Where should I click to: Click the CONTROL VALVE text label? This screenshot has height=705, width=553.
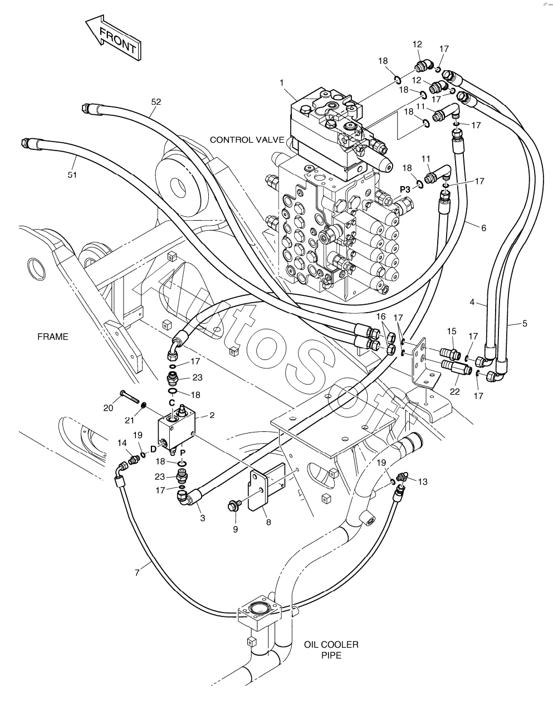point(247,140)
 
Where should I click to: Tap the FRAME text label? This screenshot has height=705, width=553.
point(53,337)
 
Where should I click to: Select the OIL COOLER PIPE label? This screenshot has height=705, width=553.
point(331,650)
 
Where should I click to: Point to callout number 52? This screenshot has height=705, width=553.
point(156,101)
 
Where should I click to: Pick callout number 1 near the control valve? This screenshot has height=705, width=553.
point(282,82)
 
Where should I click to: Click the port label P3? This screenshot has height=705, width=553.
point(405,189)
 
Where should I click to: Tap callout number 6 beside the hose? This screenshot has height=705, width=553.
point(483,227)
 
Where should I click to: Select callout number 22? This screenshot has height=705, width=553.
point(455,391)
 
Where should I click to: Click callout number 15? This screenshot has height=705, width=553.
point(451,331)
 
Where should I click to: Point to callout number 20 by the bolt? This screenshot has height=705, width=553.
point(109,407)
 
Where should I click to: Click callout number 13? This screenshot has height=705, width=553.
point(423,482)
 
